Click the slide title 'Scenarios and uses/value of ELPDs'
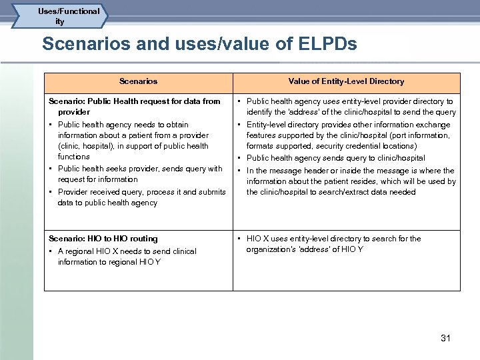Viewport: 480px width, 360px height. [x=199, y=45]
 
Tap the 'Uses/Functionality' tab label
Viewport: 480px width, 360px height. [x=69, y=16]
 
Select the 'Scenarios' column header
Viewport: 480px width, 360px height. [x=138, y=81]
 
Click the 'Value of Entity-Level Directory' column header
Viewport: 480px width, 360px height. [x=346, y=81]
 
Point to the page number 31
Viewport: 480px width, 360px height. [x=445, y=338]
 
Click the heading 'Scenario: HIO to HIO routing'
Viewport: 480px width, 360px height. [x=103, y=239]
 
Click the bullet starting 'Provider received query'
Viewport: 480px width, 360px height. [x=141, y=197]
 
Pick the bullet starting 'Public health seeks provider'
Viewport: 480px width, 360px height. [x=140, y=174]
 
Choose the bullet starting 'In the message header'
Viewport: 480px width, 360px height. [x=351, y=181]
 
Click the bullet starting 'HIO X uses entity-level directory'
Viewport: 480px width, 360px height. [x=333, y=244]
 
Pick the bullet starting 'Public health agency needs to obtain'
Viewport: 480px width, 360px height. [x=133, y=141]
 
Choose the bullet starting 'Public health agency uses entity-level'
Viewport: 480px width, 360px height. [x=351, y=107]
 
